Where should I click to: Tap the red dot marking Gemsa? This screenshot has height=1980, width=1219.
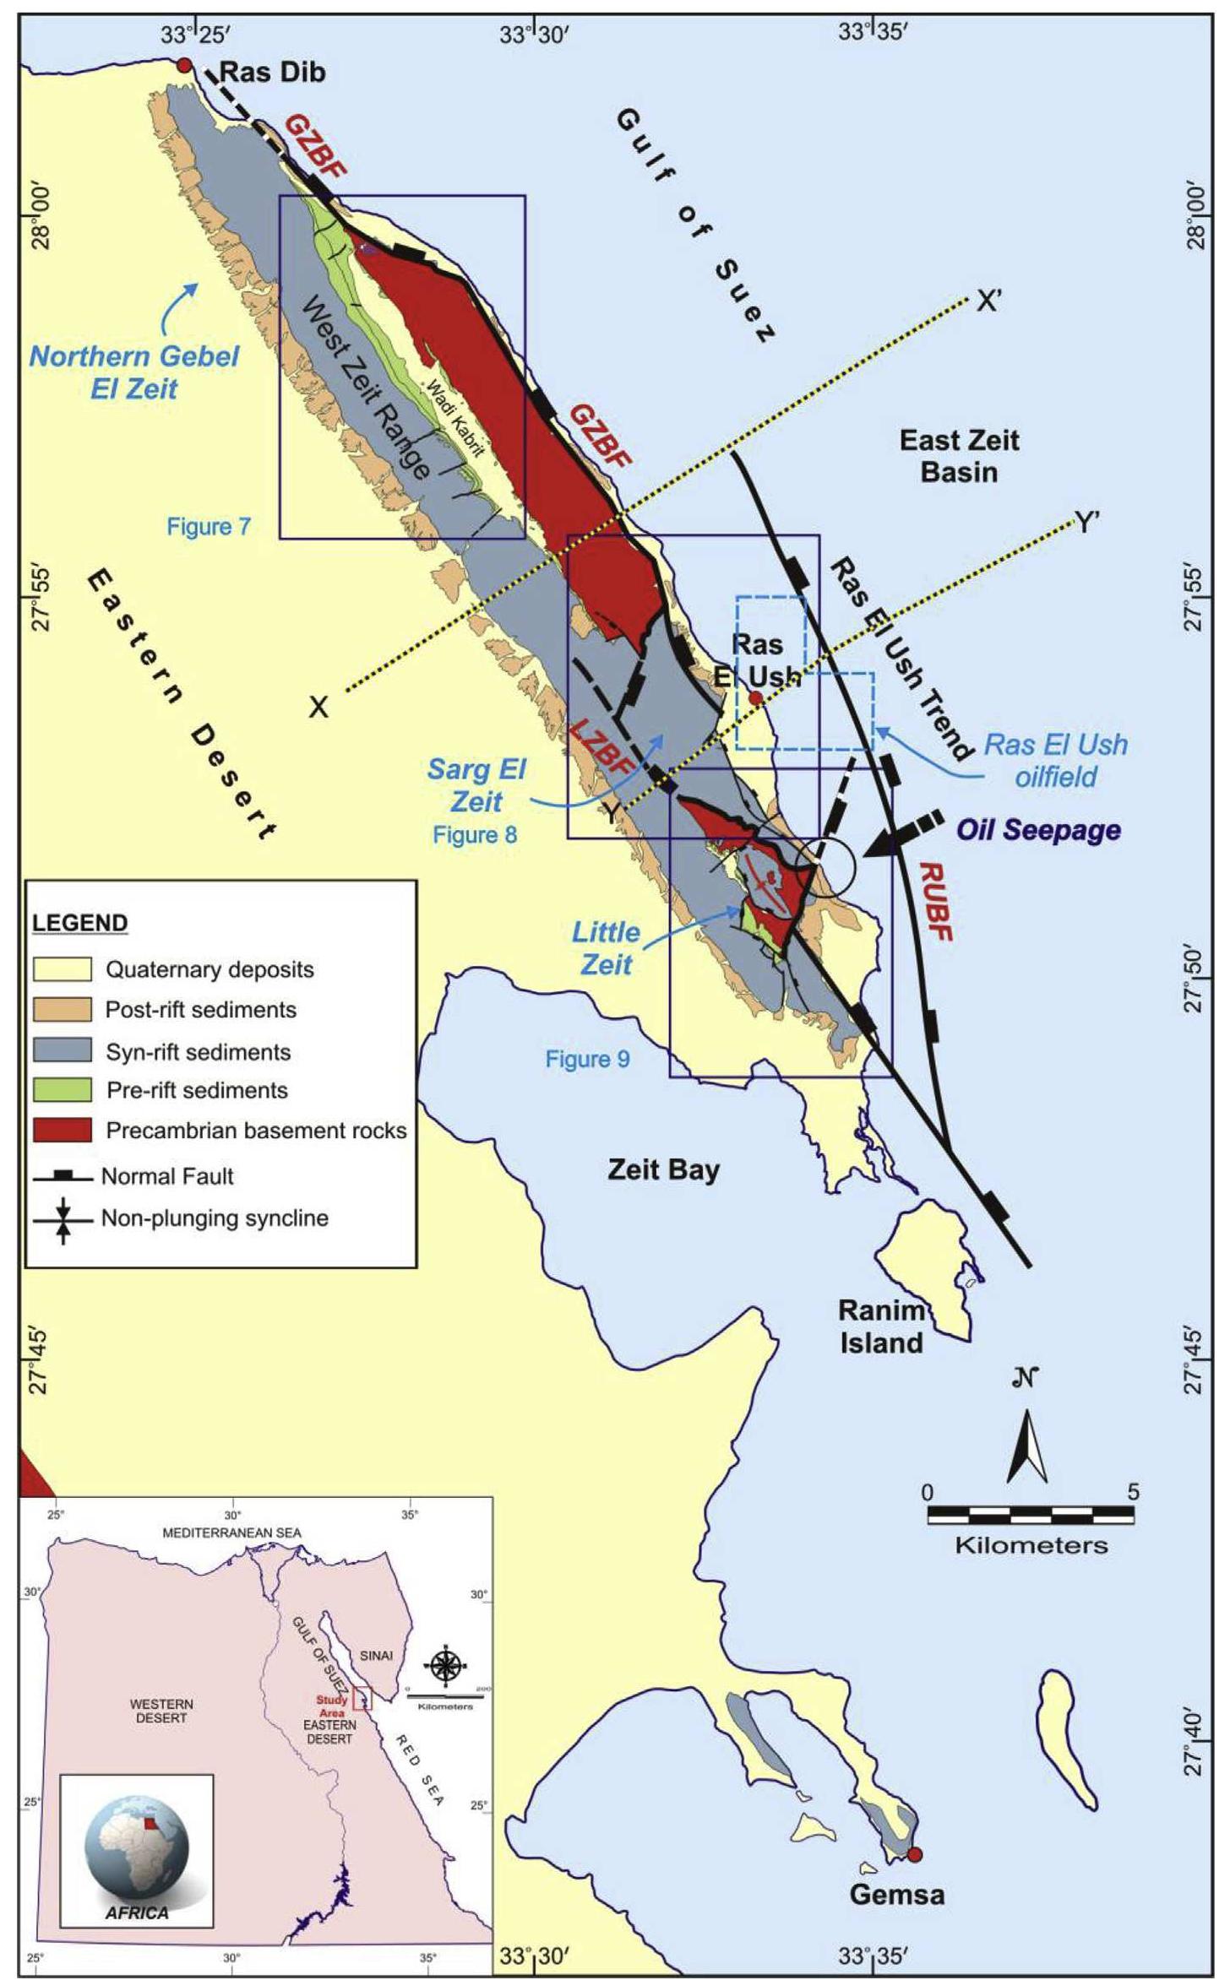pyautogui.click(x=914, y=1854)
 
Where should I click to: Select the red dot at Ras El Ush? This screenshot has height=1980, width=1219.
pyautogui.click(x=755, y=698)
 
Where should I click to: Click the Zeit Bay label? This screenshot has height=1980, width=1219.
pyautogui.click(x=663, y=1169)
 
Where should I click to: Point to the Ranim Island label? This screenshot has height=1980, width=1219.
pyautogui.click(x=881, y=1326)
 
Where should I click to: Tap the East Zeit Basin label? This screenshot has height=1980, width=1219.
pyautogui.click(x=959, y=455)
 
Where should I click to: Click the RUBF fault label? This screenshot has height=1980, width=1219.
pyautogui.click(x=935, y=902)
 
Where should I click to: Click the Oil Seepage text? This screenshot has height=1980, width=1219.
pyautogui.click(x=1038, y=829)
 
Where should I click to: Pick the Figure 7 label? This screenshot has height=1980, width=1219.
pyautogui.click(x=209, y=527)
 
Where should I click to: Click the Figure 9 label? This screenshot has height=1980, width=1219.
pyautogui.click(x=587, y=1059)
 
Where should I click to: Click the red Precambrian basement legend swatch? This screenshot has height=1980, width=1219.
pyautogui.click(x=62, y=1130)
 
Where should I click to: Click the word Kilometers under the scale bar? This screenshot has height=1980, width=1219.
pyautogui.click(x=1031, y=1546)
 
